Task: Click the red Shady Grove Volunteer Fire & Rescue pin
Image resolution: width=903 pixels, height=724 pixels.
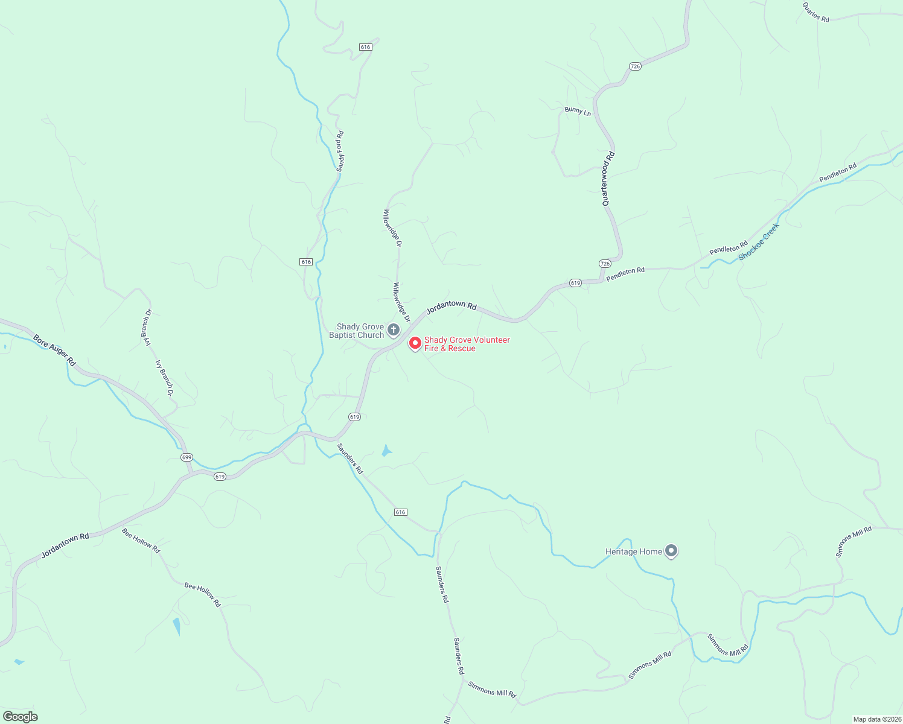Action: click(x=415, y=343)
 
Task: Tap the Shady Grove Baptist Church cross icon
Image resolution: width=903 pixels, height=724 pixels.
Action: click(x=393, y=330)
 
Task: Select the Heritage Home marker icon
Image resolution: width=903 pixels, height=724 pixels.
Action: click(x=671, y=551)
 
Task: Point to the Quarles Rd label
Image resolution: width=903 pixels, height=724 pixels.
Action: click(x=816, y=12)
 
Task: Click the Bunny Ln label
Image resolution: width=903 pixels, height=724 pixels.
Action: click(x=578, y=111)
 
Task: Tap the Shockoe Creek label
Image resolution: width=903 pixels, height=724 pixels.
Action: click(x=759, y=242)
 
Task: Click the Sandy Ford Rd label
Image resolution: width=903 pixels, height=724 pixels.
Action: click(x=340, y=151)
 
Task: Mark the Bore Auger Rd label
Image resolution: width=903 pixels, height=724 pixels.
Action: click(x=54, y=351)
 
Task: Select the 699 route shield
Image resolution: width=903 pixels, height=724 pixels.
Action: click(x=187, y=457)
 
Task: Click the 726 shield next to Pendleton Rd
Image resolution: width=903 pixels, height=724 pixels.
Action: click(x=605, y=264)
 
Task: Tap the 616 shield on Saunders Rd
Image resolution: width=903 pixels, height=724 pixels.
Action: click(x=401, y=512)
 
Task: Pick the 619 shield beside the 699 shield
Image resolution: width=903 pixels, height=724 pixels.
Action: click(x=220, y=477)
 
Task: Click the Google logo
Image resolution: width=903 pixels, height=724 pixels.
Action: click(x=20, y=717)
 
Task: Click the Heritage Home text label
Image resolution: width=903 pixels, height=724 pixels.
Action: click(x=634, y=551)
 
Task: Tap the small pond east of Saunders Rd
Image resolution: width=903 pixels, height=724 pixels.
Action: click(x=386, y=450)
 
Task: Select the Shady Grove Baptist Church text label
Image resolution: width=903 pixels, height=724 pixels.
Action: click(x=357, y=331)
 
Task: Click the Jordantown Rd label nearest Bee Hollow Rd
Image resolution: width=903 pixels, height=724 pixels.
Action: click(x=65, y=545)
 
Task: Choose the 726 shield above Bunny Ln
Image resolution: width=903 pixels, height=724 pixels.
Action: click(x=634, y=66)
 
